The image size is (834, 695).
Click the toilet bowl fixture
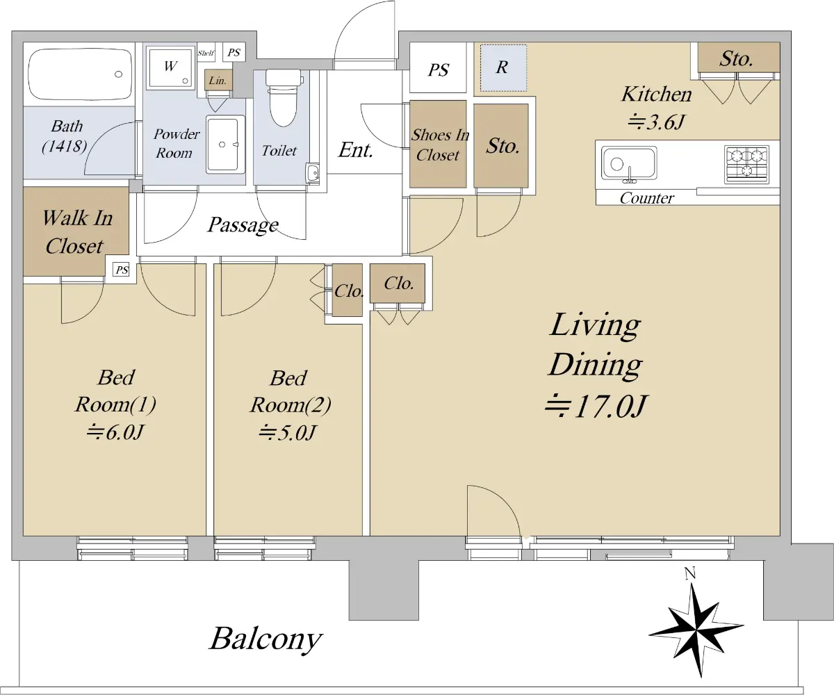click(283, 97)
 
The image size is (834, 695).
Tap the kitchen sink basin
click(629, 163)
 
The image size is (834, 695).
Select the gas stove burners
click(746, 165)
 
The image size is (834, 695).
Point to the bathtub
click(80, 74)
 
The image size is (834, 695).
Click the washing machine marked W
click(170, 67)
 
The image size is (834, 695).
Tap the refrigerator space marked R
click(503, 68)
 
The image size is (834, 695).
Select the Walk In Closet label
click(77, 231)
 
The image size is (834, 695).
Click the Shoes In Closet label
click(440, 145)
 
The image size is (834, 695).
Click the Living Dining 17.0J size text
click(596, 407)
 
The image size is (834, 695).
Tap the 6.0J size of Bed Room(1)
click(115, 432)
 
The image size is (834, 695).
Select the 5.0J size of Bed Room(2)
click(288, 432)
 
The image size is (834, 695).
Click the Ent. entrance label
click(355, 150)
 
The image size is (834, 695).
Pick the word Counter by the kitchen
click(646, 198)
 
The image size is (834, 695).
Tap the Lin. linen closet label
click(218, 81)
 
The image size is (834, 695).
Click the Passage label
click(243, 225)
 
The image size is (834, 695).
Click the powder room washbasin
click(225, 145)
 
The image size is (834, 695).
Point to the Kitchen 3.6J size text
click(656, 122)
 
